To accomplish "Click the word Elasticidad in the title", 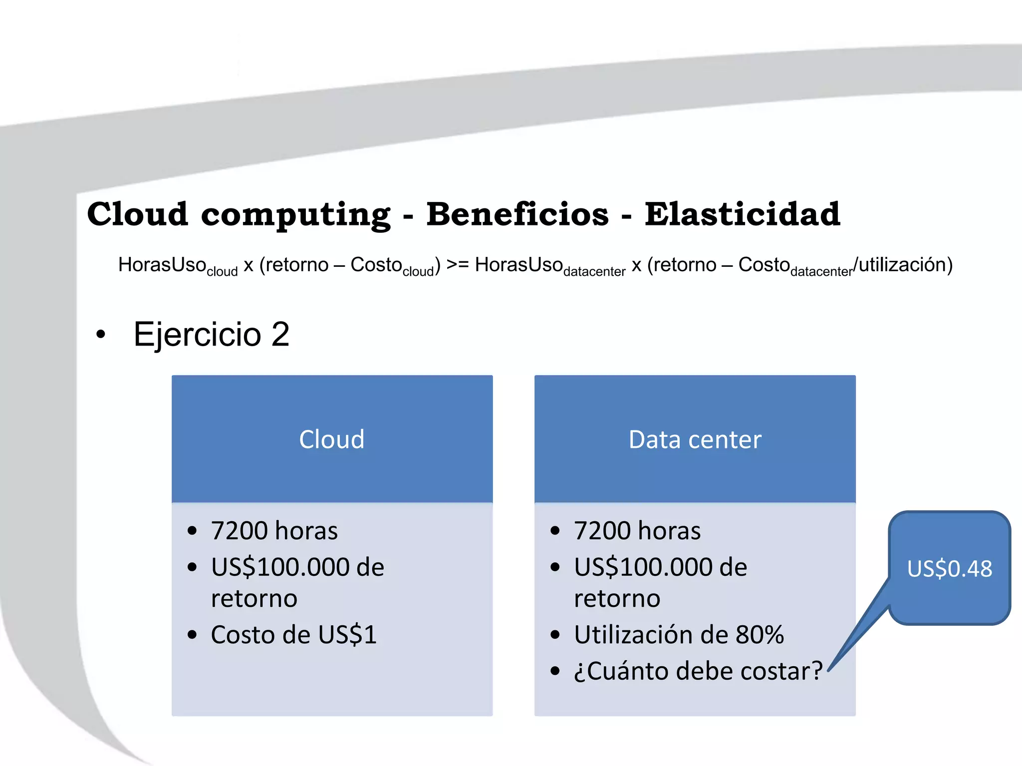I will point(742,214).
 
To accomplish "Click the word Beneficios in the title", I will point(517,214).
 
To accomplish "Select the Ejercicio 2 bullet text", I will point(212,334).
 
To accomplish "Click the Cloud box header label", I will point(332,439).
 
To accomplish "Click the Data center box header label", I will point(695,439).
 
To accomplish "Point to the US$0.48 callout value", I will point(949,569).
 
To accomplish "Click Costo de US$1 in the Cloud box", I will point(293,635).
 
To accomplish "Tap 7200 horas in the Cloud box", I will point(274,531).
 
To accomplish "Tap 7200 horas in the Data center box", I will point(637,531).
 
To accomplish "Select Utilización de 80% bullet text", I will point(679,635).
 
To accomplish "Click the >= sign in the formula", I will point(457,265).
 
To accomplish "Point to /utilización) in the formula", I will point(903,265).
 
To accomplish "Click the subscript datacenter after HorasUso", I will point(594,272).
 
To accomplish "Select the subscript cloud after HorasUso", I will point(222,272).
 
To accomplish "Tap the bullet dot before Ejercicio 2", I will point(101,335).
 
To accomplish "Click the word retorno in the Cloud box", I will point(254,598).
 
